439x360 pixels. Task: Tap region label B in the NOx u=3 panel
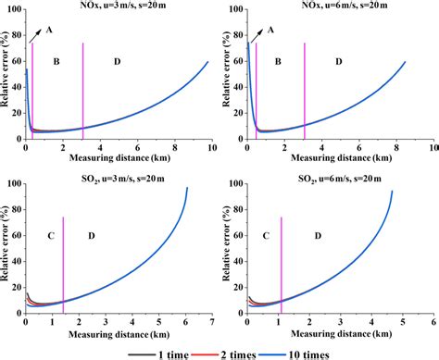56,61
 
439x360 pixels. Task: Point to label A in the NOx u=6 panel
272,30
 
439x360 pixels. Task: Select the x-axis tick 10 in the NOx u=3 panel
211,147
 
